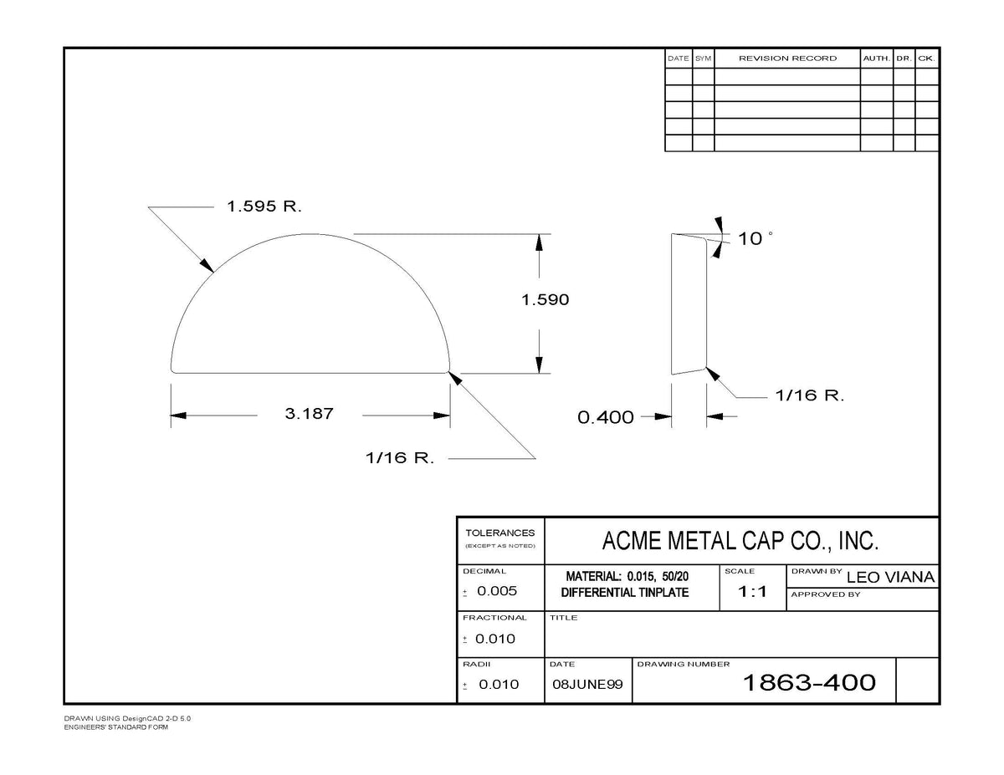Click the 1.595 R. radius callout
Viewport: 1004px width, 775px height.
click(264, 206)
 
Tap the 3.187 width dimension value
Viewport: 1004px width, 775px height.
click(309, 413)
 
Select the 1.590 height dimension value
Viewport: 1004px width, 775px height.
click(545, 299)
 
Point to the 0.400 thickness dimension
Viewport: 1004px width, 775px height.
click(605, 417)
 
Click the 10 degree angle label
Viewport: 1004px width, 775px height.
click(755, 238)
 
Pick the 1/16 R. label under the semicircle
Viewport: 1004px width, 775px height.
click(400, 458)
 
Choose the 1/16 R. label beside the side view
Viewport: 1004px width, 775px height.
click(810, 395)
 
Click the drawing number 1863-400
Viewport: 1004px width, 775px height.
click(809, 682)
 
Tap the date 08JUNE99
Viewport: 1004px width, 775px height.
click(587, 684)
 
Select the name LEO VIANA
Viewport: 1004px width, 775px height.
click(890, 577)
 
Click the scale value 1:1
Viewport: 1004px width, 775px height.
click(752, 591)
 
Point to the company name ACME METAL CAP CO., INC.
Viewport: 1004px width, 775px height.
click(740, 541)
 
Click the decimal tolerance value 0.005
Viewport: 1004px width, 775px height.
click(497, 591)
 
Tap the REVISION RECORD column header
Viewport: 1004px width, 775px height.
click(787, 59)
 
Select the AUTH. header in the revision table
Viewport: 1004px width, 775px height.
click(877, 59)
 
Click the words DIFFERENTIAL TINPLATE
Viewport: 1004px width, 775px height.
click(625, 592)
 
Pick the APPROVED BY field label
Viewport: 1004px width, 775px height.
click(825, 594)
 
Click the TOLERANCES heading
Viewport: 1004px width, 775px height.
click(500, 533)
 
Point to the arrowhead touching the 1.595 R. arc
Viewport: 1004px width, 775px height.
click(207, 265)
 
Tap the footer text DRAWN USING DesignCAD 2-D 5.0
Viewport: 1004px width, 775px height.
click(127, 718)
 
